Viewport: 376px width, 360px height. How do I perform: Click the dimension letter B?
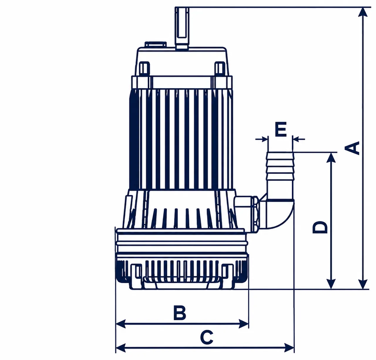pos(180,313)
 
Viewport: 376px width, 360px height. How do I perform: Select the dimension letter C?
pos(207,337)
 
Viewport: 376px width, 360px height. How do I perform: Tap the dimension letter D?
pos(320,227)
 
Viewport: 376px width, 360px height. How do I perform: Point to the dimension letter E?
pos(281,129)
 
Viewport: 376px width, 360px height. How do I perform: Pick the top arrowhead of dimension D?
pos(332,158)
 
